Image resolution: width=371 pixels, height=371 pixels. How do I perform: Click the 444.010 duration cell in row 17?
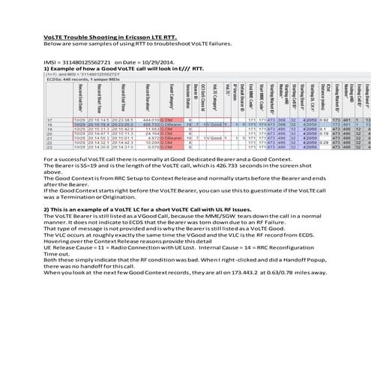[152, 119]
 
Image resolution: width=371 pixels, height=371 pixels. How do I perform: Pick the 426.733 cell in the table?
[152, 124]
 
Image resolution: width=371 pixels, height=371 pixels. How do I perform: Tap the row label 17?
[50, 119]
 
